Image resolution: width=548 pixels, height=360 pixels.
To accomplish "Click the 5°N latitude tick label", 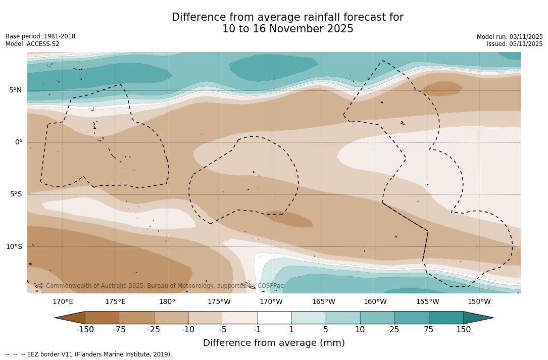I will (15, 90).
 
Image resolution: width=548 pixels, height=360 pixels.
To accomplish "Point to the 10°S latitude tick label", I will (14, 247).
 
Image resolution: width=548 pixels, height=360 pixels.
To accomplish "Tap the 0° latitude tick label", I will (19, 142).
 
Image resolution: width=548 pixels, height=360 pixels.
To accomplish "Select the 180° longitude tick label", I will (167, 302).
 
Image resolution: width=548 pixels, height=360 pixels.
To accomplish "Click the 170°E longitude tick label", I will (63, 302).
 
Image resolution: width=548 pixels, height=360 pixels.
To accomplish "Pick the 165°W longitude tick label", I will (323, 302).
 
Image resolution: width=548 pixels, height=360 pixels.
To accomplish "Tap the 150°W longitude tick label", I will (479, 302).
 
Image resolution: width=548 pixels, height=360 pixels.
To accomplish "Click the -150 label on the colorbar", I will (85, 330).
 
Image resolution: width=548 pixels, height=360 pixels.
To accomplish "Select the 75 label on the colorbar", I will (429, 330).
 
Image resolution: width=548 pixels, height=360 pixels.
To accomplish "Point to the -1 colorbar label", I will (257, 330).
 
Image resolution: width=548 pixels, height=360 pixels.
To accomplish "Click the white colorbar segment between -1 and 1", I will (274, 318).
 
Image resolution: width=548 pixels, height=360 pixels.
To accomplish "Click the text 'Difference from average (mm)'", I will (274, 343).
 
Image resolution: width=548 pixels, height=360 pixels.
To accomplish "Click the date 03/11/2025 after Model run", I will (526, 37).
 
